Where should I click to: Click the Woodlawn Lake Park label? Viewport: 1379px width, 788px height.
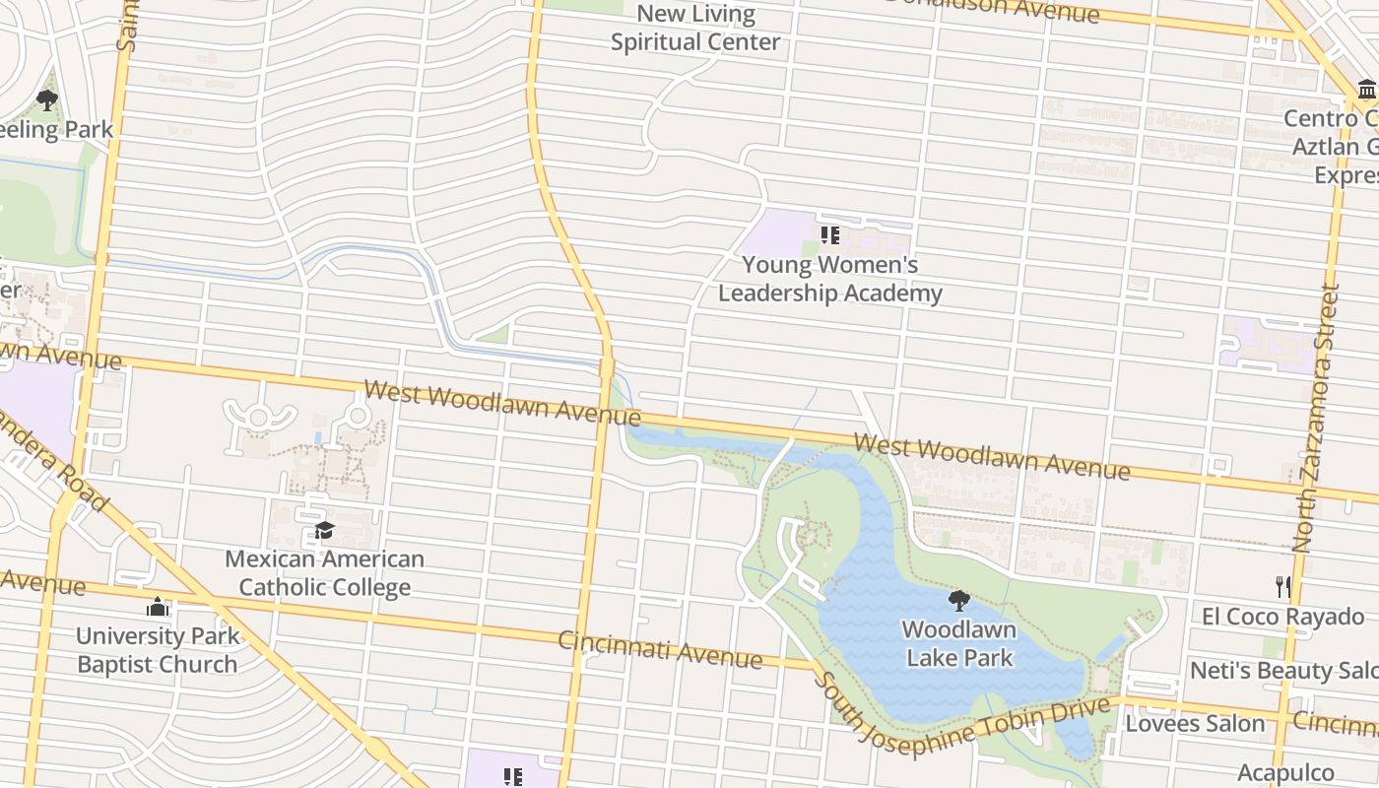[x=959, y=643]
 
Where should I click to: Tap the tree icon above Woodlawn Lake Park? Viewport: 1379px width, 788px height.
[x=959, y=601]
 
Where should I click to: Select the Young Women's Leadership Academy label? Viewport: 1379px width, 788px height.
[x=829, y=279]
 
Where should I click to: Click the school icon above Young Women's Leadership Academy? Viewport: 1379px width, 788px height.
[x=829, y=235]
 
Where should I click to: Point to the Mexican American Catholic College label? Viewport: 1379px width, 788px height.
[x=325, y=573]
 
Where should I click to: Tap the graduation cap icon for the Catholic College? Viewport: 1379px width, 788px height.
[x=325, y=532]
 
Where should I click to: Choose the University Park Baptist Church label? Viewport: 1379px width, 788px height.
[x=158, y=650]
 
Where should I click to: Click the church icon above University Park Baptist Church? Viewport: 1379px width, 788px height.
[x=158, y=608]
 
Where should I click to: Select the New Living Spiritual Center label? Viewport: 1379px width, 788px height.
[x=695, y=28]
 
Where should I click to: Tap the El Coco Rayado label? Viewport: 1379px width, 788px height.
[x=1282, y=618]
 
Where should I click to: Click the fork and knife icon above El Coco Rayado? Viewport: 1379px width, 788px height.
[x=1282, y=587]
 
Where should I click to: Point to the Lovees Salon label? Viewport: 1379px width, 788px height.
[x=1195, y=724]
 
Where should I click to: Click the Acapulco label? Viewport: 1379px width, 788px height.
[x=1285, y=772]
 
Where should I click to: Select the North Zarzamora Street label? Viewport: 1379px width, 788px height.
[x=1317, y=419]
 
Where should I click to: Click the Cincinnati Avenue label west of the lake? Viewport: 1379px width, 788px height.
[x=660, y=649]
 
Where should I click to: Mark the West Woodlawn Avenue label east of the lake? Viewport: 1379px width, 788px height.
[x=992, y=457]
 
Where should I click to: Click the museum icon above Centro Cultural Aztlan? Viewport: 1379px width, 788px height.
[x=1367, y=91]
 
